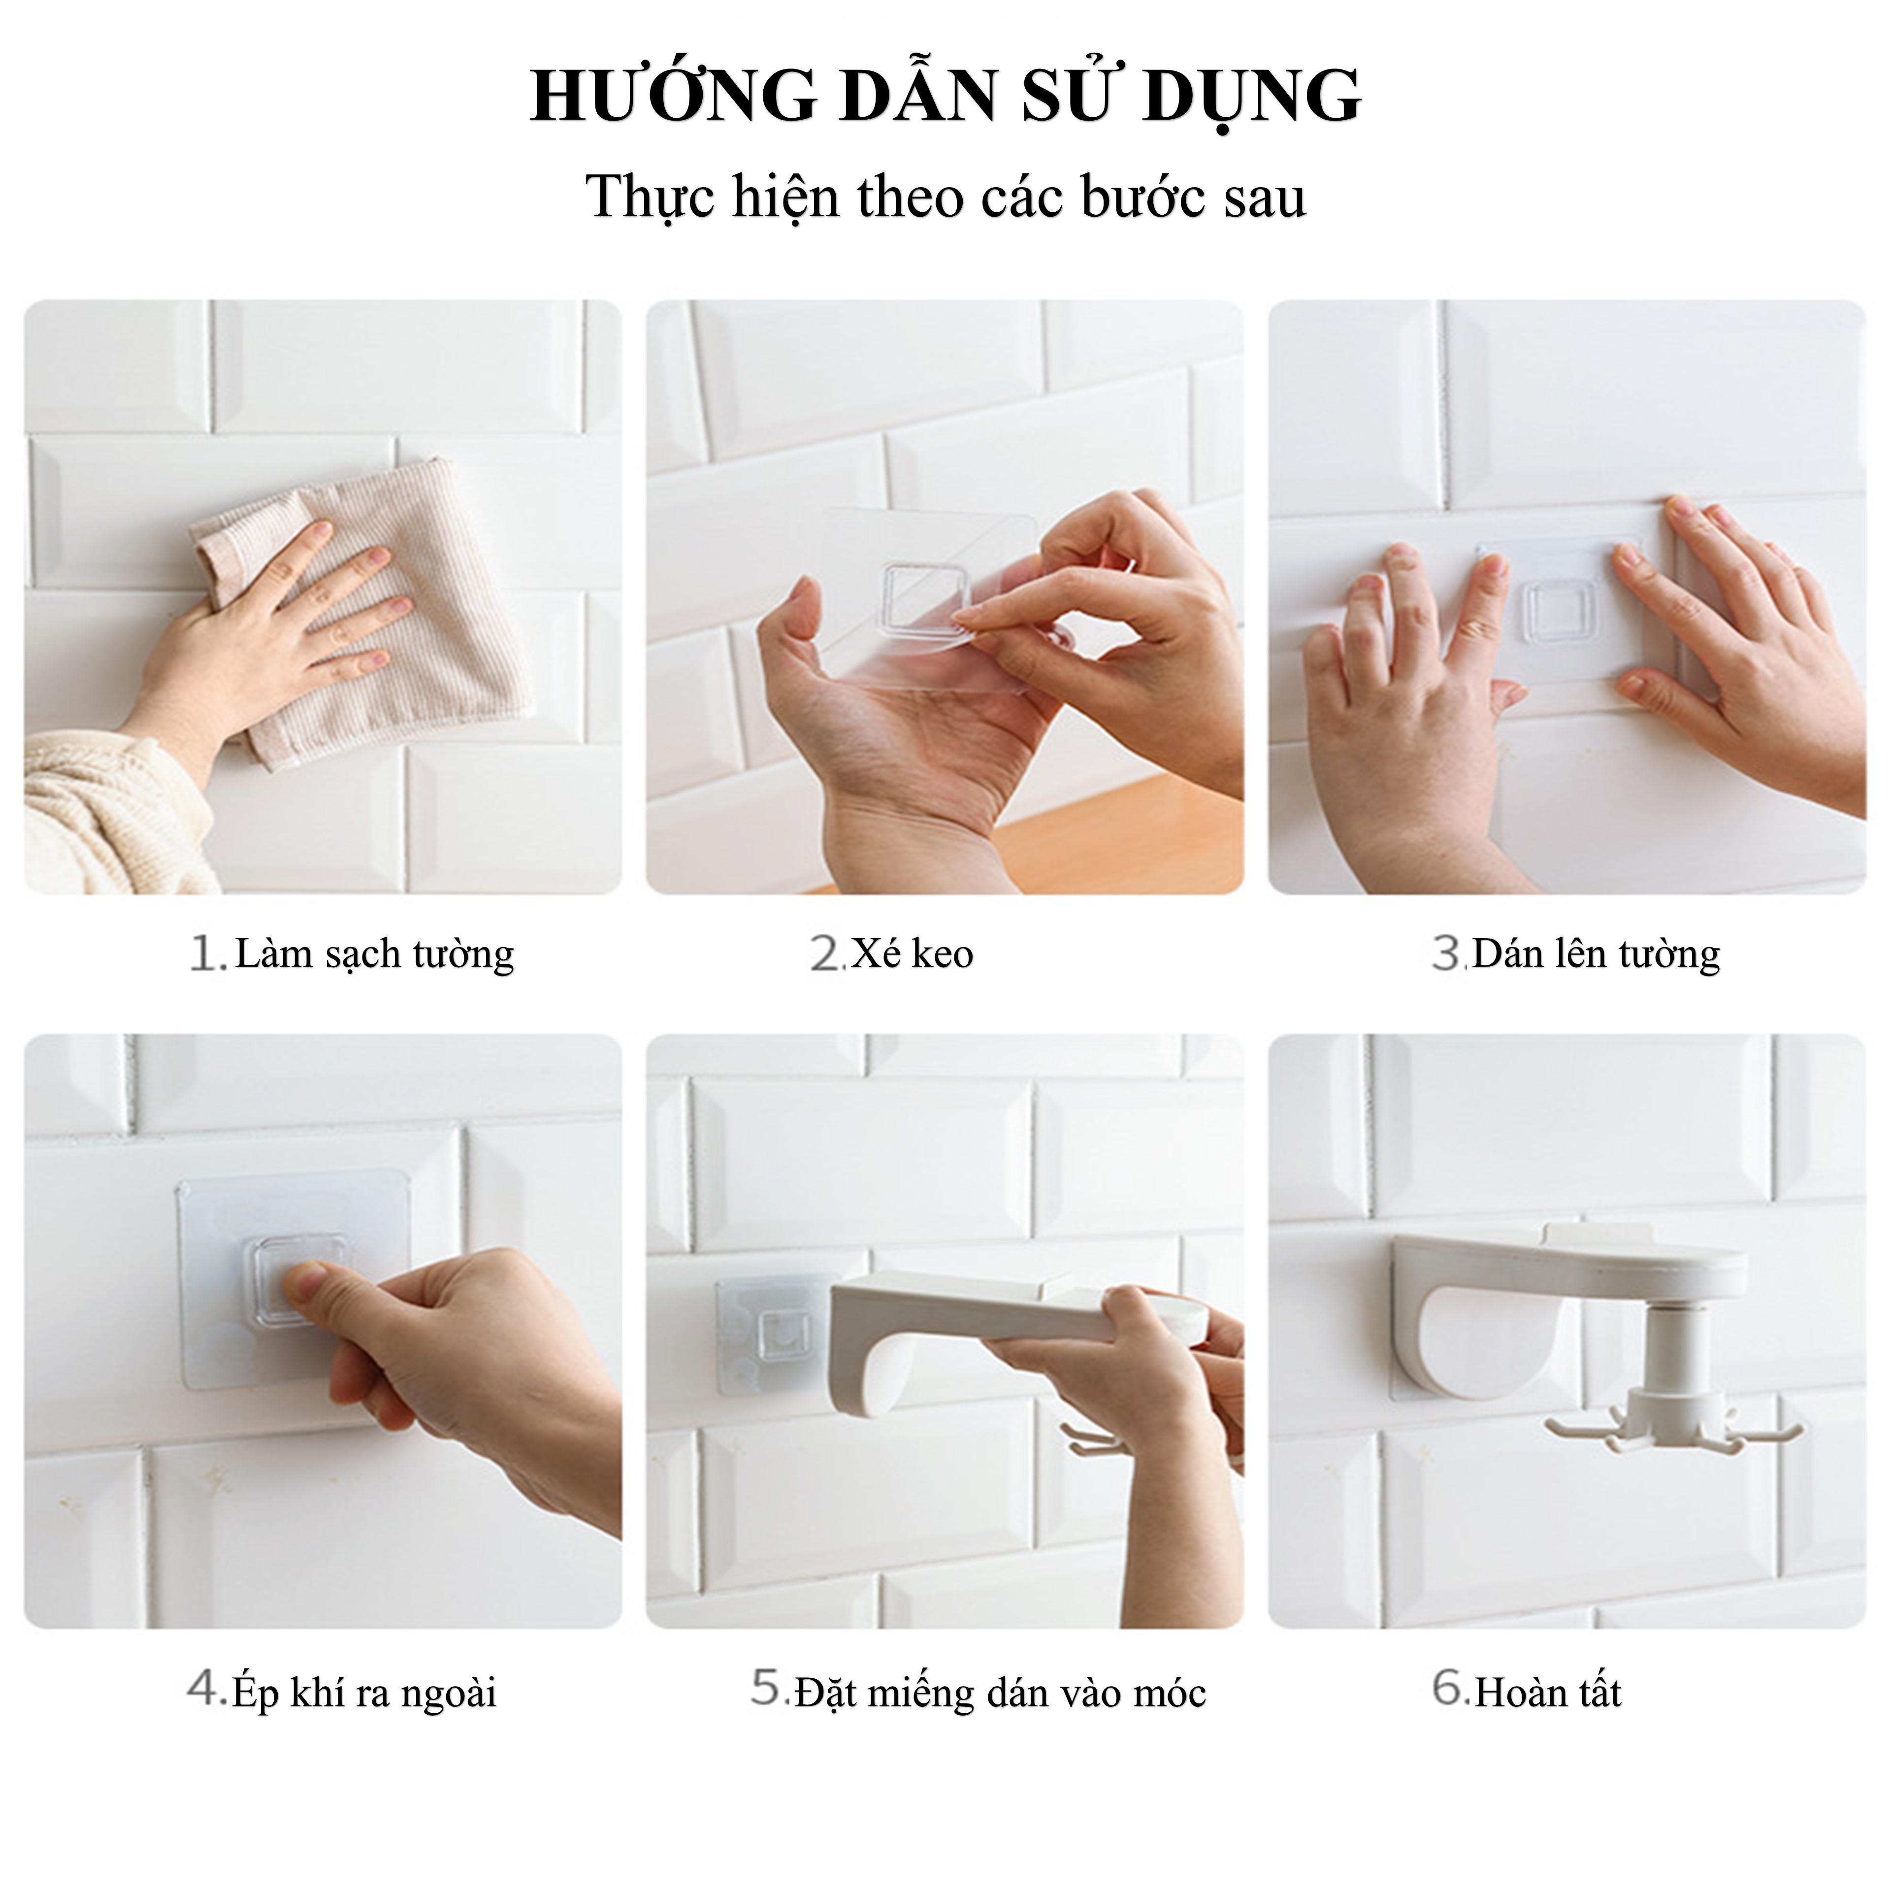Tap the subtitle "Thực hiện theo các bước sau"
pyautogui.click(x=945, y=197)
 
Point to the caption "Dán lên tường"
pyautogui.click(x=1596, y=953)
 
